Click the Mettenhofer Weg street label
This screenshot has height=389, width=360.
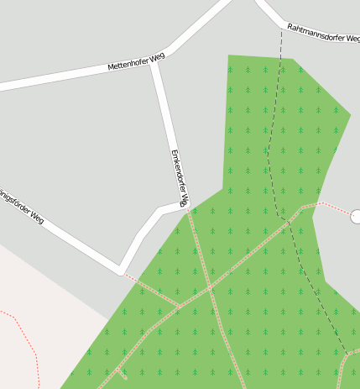click(136, 61)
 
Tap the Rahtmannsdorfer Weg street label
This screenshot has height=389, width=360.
click(323, 33)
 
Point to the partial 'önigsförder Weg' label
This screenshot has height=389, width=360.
click(22, 204)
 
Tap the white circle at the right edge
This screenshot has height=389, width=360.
click(356, 216)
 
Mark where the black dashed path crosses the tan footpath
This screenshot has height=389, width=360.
click(290, 222)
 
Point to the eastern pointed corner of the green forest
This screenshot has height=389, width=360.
click(350, 113)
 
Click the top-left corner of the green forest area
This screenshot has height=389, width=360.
click(229, 56)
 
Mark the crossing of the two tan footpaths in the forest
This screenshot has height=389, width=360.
click(210, 289)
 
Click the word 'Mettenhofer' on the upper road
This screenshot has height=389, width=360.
click(126, 63)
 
